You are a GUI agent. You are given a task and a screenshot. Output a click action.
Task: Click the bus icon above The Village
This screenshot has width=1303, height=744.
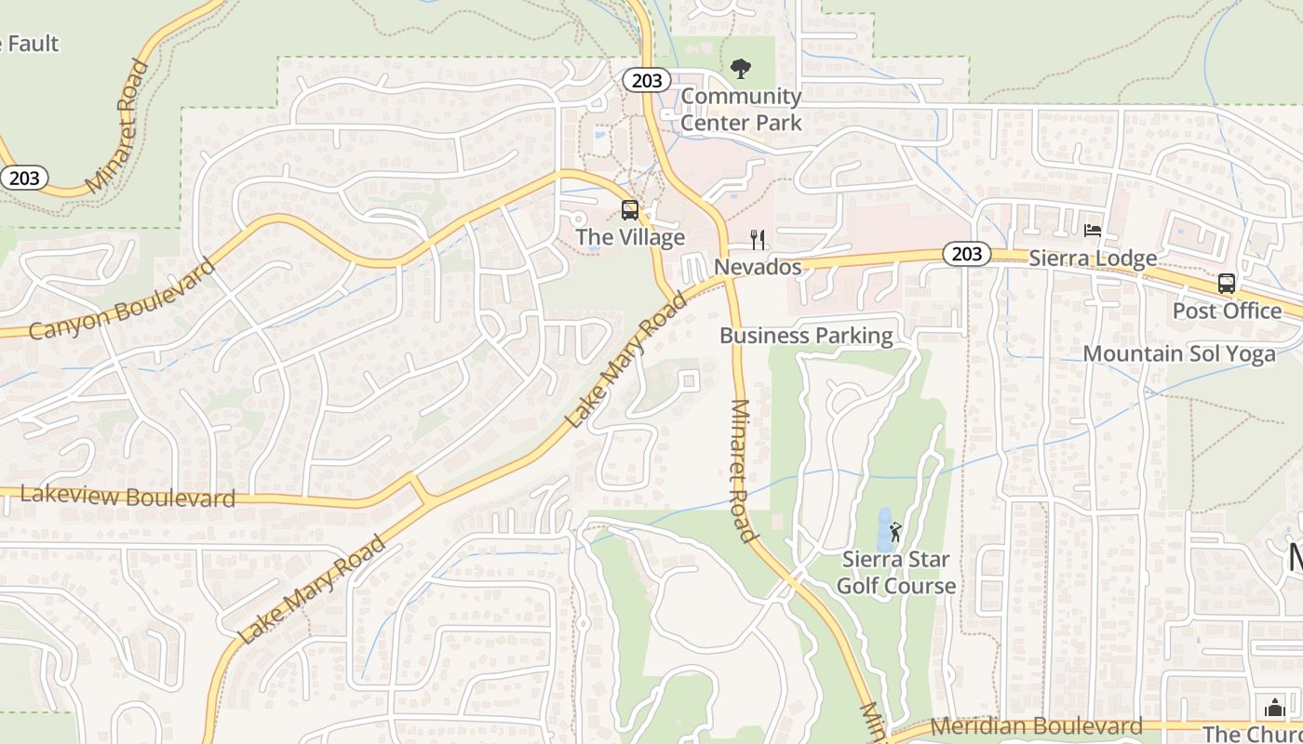pyautogui.click(x=630, y=209)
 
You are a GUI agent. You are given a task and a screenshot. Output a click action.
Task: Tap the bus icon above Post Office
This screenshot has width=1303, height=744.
pyautogui.click(x=1227, y=284)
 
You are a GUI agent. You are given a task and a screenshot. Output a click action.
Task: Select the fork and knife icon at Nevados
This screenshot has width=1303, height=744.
pyautogui.click(x=759, y=240)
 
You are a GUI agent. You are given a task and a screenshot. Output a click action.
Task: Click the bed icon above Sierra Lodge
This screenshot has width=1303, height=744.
pyautogui.click(x=1093, y=231)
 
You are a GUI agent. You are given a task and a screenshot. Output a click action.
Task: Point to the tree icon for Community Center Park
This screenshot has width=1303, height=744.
pyautogui.click(x=741, y=68)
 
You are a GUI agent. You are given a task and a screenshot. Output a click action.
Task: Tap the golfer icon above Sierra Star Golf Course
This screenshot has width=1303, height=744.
pyautogui.click(x=895, y=532)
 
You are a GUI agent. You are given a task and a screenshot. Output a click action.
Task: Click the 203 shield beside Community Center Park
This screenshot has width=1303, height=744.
pyautogui.click(x=647, y=81)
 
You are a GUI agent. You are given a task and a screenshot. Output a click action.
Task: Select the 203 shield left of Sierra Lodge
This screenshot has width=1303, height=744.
pyautogui.click(x=967, y=253)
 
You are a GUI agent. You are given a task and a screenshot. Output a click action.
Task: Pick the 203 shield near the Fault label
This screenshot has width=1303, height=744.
pyautogui.click(x=23, y=177)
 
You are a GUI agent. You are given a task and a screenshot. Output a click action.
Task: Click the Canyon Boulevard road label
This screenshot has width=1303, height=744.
pyautogui.click(x=122, y=299)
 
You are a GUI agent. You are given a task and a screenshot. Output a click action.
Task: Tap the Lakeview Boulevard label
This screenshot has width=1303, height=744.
pyautogui.click(x=128, y=497)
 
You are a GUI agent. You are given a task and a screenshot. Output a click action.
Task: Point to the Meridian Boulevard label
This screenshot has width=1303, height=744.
pyautogui.click(x=1036, y=725)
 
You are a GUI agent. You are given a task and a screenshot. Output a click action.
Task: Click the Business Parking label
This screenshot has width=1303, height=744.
pyautogui.click(x=806, y=336)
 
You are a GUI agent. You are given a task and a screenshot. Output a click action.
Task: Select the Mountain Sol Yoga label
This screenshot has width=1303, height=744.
pyautogui.click(x=1179, y=353)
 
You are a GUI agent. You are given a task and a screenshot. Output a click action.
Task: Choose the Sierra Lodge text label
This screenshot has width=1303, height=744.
pyautogui.click(x=1093, y=258)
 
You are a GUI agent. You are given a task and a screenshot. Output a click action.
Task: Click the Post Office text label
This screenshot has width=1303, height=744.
pyautogui.click(x=1227, y=311)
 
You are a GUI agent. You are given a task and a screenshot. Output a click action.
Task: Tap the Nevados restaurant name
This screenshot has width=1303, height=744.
pyautogui.click(x=758, y=267)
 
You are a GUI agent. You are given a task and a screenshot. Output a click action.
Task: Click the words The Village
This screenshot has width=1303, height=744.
pyautogui.click(x=630, y=237)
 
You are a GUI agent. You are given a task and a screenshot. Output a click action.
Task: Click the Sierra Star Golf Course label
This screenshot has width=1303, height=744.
pyautogui.click(x=895, y=573)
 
